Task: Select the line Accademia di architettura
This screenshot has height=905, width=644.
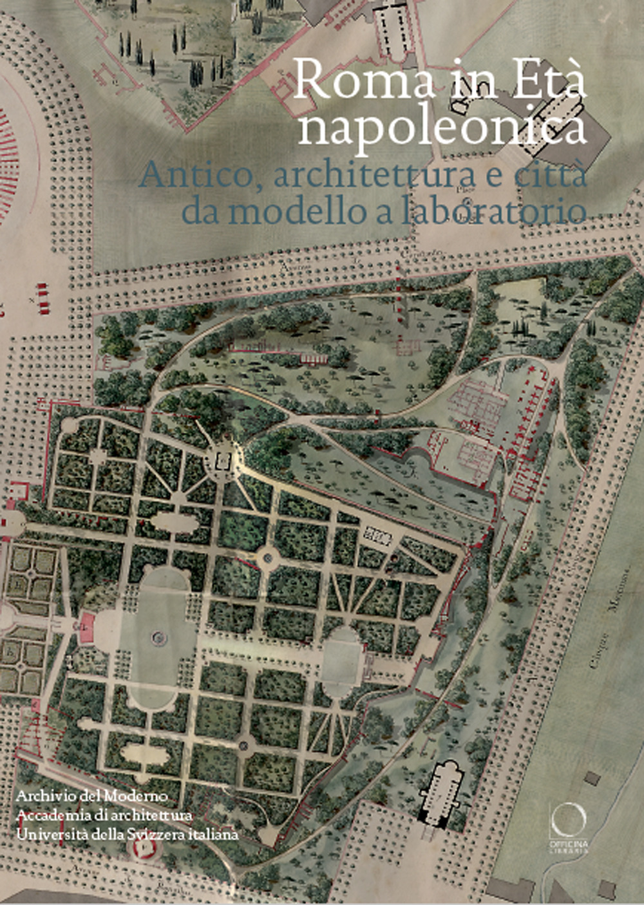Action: tap(105, 815)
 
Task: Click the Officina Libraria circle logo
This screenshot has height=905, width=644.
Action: tap(568, 817)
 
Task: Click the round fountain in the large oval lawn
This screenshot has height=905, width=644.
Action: tap(156, 638)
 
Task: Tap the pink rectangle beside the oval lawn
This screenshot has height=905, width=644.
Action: tap(86, 626)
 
